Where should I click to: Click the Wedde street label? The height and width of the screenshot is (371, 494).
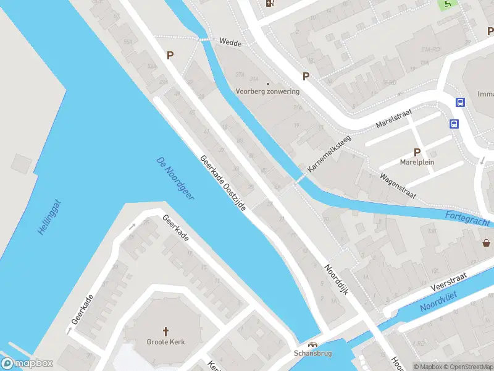coord(230,42)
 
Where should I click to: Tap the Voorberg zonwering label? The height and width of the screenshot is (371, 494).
coord(267,92)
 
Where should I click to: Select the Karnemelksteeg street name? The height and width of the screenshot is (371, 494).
coord(329,153)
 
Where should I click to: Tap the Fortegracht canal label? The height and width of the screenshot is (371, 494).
coord(467,218)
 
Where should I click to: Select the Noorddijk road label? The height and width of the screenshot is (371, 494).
coord(337,279)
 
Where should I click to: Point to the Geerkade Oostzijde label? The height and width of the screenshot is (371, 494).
coord(223,183)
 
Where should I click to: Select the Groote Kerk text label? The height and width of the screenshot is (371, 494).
coord(165,342)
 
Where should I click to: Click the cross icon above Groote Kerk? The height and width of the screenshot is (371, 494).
coord(165,331)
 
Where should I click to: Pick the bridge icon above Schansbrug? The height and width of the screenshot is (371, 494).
coord(313,346)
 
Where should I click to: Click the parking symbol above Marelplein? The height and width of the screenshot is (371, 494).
coord(417,152)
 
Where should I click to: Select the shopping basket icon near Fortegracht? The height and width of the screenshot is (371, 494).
coord(487,242)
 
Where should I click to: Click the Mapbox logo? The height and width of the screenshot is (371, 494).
coord(27,364)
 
